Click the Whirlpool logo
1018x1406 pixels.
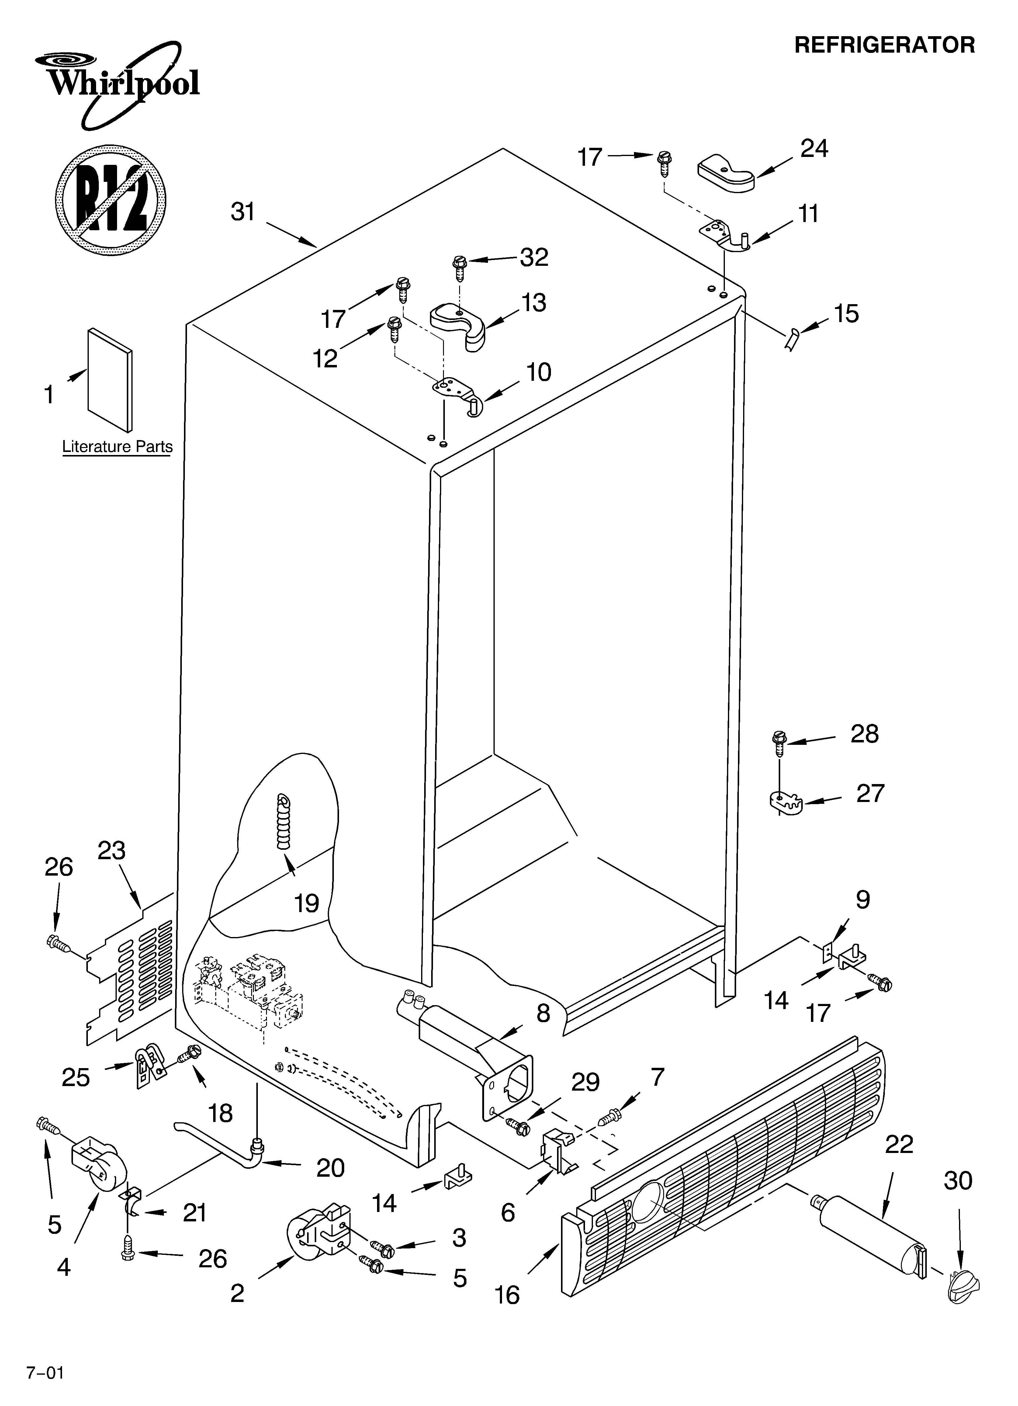point(118,81)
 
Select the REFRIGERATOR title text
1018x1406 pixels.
point(884,45)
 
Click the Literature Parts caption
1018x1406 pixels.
point(117,446)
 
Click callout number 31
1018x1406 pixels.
point(243,212)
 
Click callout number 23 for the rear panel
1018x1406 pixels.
point(112,851)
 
